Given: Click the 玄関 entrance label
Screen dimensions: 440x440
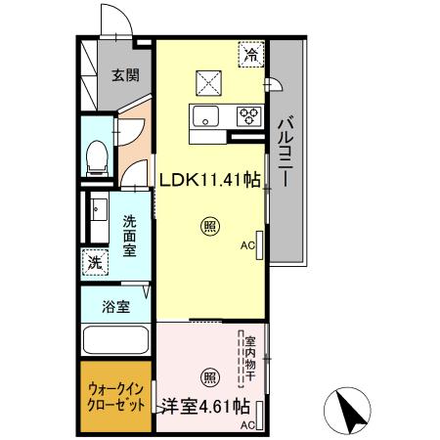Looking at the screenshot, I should [x=124, y=75].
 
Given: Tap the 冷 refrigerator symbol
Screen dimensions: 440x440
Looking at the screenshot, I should [x=251, y=56].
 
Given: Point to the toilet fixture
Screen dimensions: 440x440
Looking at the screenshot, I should [x=98, y=155].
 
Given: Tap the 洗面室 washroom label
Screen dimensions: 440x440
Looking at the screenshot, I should [x=130, y=235].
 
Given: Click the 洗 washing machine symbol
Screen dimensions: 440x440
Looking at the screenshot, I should [x=95, y=261].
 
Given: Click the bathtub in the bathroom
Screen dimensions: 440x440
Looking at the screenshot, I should [x=115, y=343].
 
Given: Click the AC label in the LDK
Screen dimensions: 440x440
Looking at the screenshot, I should [x=246, y=246].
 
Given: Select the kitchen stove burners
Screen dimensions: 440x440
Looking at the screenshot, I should [x=248, y=116].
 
